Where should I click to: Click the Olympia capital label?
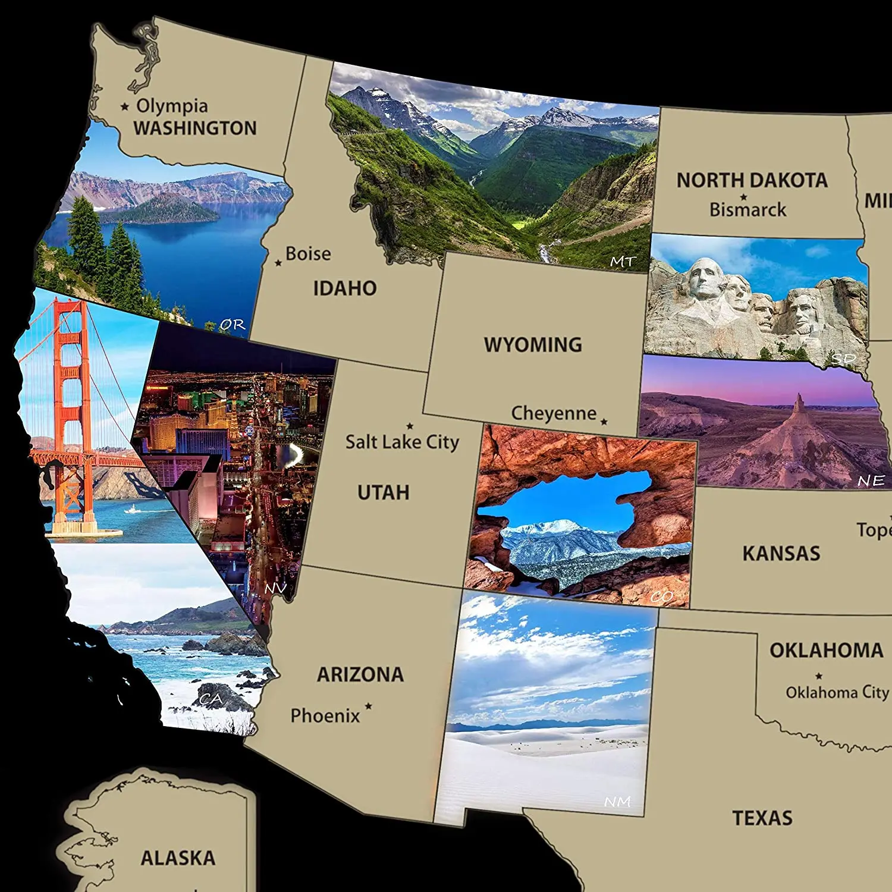tap(172, 106)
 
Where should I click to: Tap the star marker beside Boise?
tap(278, 262)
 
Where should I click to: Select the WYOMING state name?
tap(533, 345)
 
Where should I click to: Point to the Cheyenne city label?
tap(554, 413)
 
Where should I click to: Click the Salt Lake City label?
tap(402, 442)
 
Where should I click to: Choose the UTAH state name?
tap(384, 492)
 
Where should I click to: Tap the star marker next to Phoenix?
tap(369, 706)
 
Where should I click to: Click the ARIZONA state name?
tap(360, 674)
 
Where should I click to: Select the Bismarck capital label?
tap(747, 210)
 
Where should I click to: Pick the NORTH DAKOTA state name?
tap(752, 180)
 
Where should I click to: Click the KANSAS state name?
tap(781, 554)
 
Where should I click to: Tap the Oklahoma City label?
tap(837, 692)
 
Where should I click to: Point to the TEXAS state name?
tap(762, 818)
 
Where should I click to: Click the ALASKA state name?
tap(178, 858)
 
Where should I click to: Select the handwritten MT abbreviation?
tap(623, 262)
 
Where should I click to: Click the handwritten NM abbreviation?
tap(617, 802)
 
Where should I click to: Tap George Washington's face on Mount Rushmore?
tap(705, 279)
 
